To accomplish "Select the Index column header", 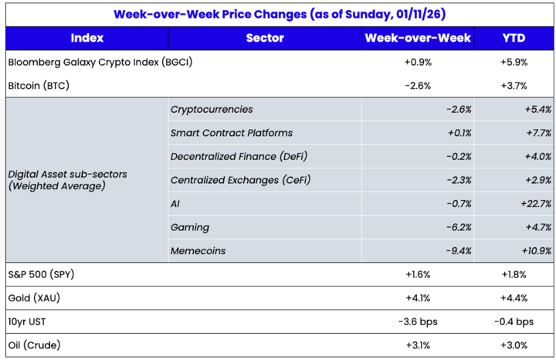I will pyautogui.click(x=86, y=38).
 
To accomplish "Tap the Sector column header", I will pyautogui.click(x=265, y=38).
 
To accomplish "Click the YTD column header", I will pyautogui.click(x=514, y=38).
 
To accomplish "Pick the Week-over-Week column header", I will pyautogui.click(x=418, y=38).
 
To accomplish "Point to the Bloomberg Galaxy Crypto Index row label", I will pyautogui.click(x=99, y=63).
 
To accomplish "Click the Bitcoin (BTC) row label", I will pyautogui.click(x=39, y=86).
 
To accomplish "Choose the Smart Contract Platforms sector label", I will pyautogui.click(x=231, y=134).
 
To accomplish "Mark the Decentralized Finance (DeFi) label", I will pyautogui.click(x=238, y=157).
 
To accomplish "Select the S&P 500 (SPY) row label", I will pyautogui.click(x=40, y=275).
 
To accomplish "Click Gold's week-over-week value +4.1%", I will pyautogui.click(x=418, y=298).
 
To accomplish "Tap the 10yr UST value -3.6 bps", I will pyautogui.click(x=418, y=322).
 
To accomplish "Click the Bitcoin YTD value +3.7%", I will pyautogui.click(x=514, y=86).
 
